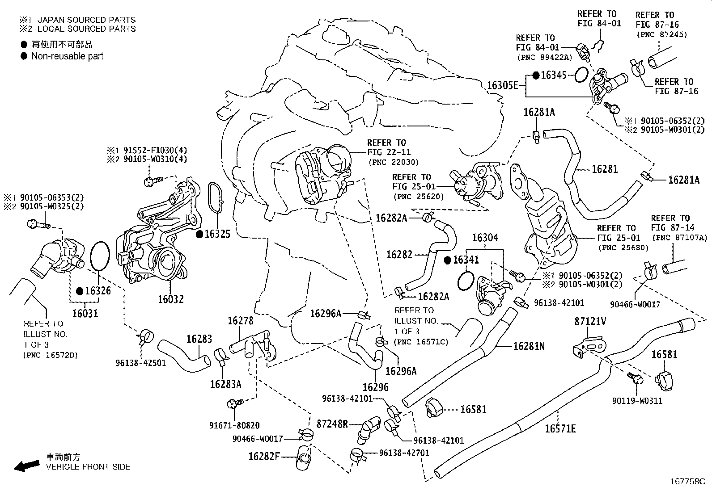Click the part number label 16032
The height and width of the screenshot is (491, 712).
pyautogui.click(x=170, y=299)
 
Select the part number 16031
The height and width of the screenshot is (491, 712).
pyautogui.click(x=85, y=313)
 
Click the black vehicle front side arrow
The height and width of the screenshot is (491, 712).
pyautogui.click(x=26, y=466)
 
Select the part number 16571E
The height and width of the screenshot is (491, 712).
pyautogui.click(x=560, y=428)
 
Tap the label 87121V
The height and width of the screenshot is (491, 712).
pyautogui.click(x=590, y=321)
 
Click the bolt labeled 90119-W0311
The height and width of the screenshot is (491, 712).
pyautogui.click(x=636, y=378)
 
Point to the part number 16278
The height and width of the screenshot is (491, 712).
pyautogui.click(x=240, y=320)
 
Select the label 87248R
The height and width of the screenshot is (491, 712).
pyautogui.click(x=332, y=424)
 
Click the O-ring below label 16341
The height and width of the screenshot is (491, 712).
pyautogui.click(x=466, y=281)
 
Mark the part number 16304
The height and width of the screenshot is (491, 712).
pyautogui.click(x=485, y=238)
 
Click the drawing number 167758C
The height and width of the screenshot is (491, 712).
pyautogui.click(x=687, y=482)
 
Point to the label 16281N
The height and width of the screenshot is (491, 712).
pyautogui.click(x=529, y=346)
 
